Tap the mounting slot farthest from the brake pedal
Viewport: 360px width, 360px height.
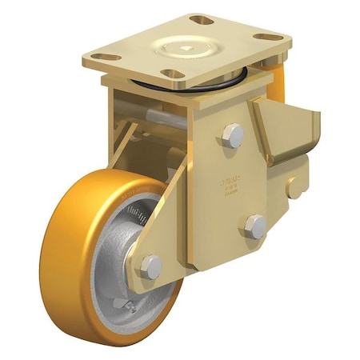(x=105, y=57)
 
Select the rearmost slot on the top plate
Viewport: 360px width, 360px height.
(x=202, y=19)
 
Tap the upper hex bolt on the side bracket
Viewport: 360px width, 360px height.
(x=233, y=135)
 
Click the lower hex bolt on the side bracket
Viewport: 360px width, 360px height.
(x=255, y=226)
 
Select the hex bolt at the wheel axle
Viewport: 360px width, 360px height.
(x=150, y=267)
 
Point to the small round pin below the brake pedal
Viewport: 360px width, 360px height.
(x=295, y=188)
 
